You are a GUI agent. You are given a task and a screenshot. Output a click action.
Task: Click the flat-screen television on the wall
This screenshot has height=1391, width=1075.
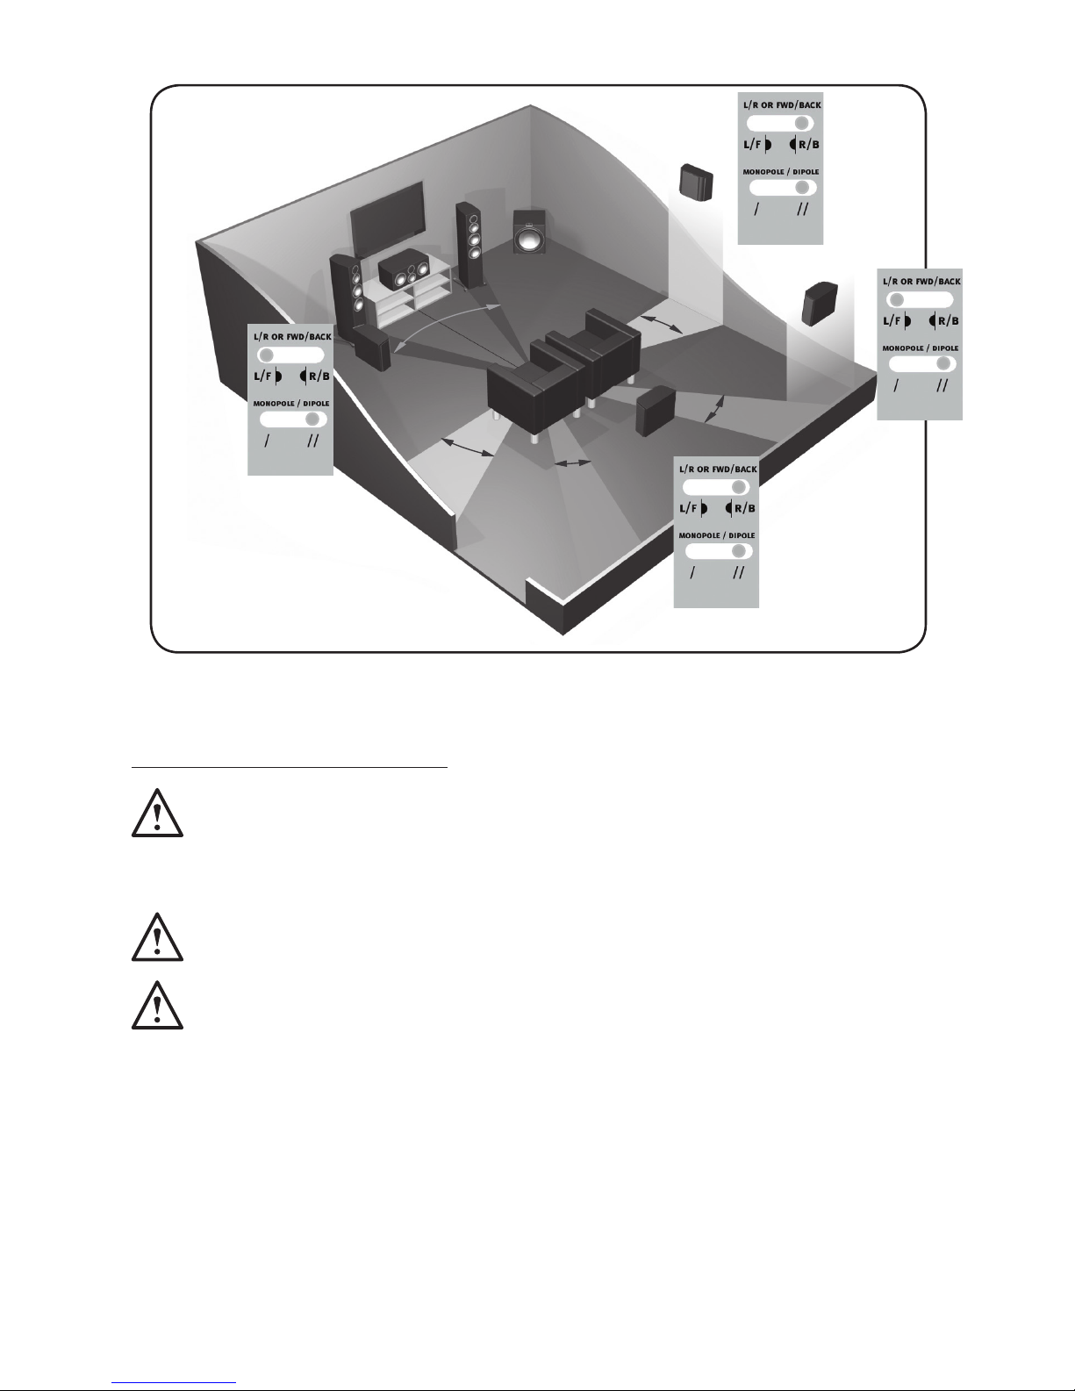tap(387, 217)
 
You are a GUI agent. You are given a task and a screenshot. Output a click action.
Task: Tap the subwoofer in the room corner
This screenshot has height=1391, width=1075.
tap(529, 232)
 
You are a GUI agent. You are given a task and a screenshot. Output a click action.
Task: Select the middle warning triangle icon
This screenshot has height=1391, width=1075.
tap(157, 939)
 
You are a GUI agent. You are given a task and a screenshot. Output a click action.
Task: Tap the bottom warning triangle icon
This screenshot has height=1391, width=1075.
tap(157, 1007)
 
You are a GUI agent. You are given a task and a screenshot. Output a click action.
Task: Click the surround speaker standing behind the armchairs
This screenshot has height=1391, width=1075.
tap(655, 411)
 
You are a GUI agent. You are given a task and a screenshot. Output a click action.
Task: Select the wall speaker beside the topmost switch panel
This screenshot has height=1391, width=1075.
tap(696, 182)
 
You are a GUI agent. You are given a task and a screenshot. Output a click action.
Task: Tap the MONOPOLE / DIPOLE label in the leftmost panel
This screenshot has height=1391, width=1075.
tap(291, 404)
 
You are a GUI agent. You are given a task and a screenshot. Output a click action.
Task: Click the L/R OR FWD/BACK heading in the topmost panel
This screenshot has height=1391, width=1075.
tap(782, 105)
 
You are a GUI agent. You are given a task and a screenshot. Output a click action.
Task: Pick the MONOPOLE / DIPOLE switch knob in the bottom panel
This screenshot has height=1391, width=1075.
tap(738, 551)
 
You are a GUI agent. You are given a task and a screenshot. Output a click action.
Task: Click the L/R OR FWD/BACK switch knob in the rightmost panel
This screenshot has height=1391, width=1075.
tap(897, 299)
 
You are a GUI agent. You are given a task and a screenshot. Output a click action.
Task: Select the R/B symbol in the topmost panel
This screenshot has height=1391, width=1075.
tap(805, 144)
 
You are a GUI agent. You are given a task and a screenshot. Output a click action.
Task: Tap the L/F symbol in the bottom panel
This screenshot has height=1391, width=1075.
tap(693, 508)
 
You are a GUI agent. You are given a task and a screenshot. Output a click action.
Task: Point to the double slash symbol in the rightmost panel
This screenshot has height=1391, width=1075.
tap(942, 385)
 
